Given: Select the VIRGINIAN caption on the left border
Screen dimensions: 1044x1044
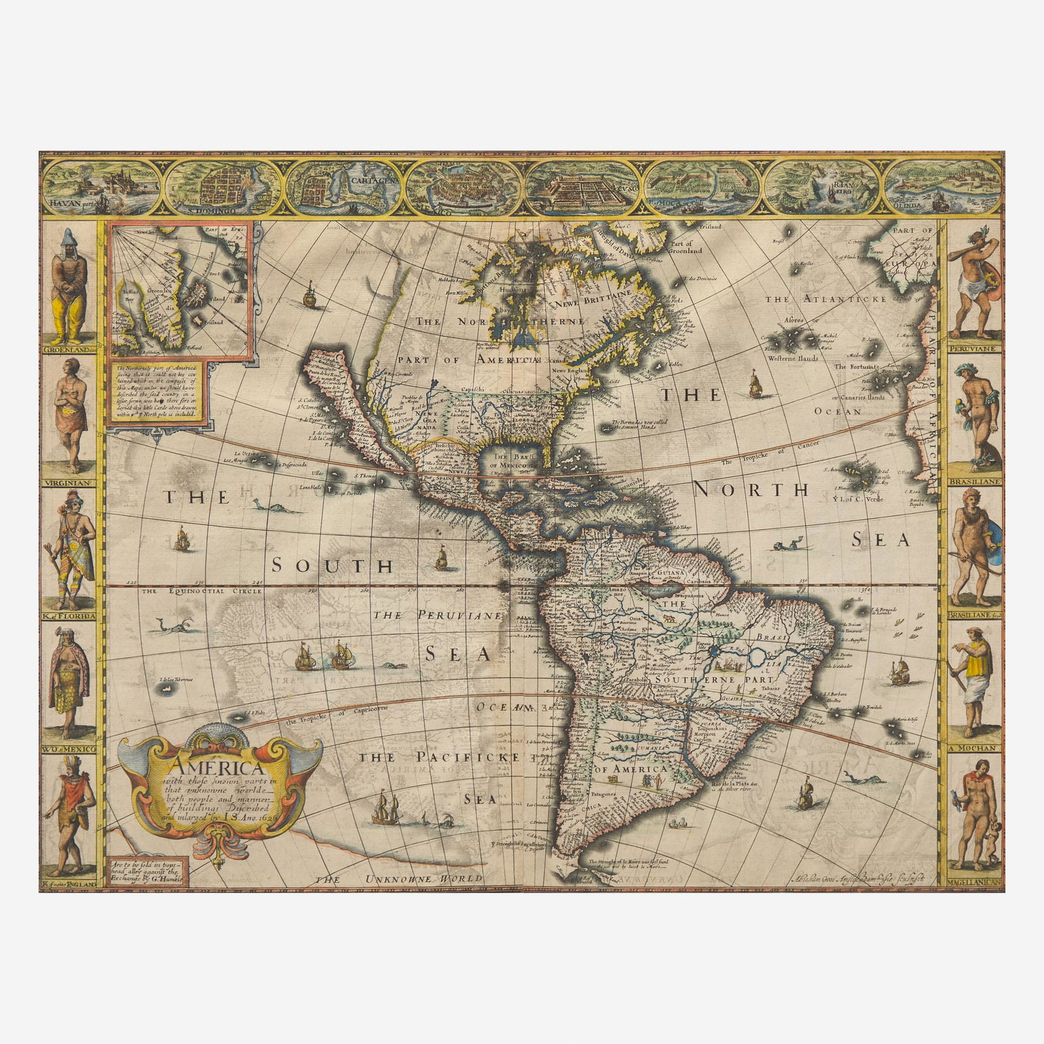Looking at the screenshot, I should [x=68, y=484].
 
